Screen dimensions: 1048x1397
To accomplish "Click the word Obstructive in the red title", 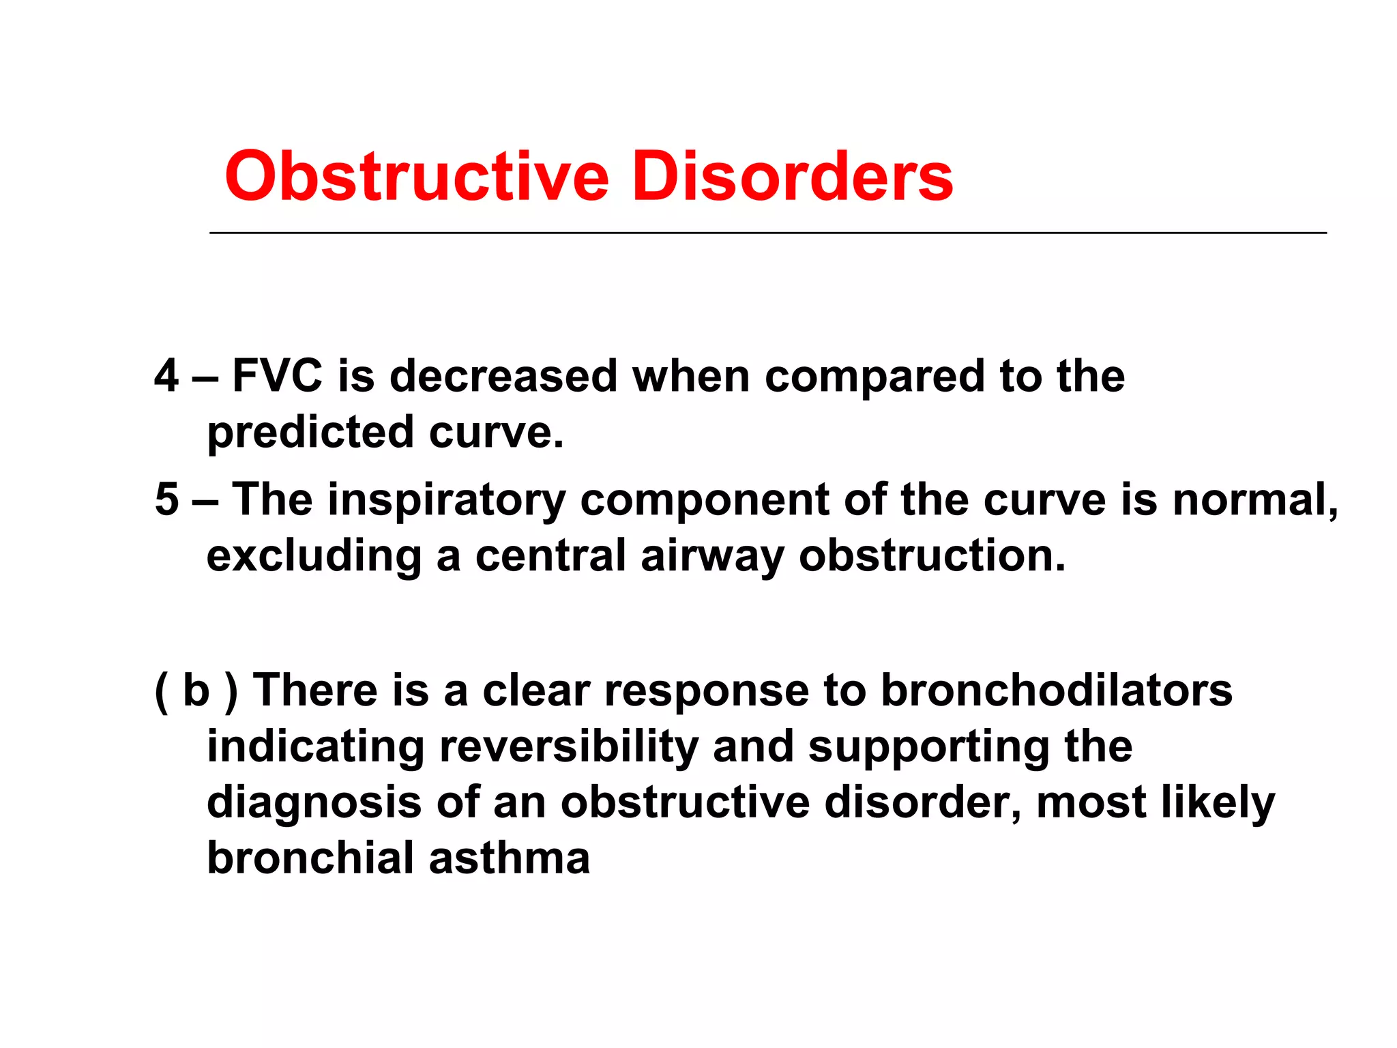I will (416, 177).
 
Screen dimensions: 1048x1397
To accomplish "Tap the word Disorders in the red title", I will (792, 177).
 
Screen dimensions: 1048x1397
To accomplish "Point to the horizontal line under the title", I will (767, 233).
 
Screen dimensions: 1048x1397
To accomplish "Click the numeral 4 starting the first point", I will (166, 376).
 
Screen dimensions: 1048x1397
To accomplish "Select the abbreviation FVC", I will (277, 376).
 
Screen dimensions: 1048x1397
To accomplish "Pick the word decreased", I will (503, 376).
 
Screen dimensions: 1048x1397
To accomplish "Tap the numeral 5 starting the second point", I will (166, 499).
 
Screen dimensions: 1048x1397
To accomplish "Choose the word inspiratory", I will (447, 500).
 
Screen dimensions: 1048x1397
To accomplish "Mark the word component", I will (705, 500).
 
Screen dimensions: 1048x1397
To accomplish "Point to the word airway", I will (712, 556).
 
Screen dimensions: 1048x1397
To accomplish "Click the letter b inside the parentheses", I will (196, 690).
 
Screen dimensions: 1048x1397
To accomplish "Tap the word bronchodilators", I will (1057, 690).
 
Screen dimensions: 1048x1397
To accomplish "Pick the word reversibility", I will (569, 746).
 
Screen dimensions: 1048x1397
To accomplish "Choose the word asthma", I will (510, 858).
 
